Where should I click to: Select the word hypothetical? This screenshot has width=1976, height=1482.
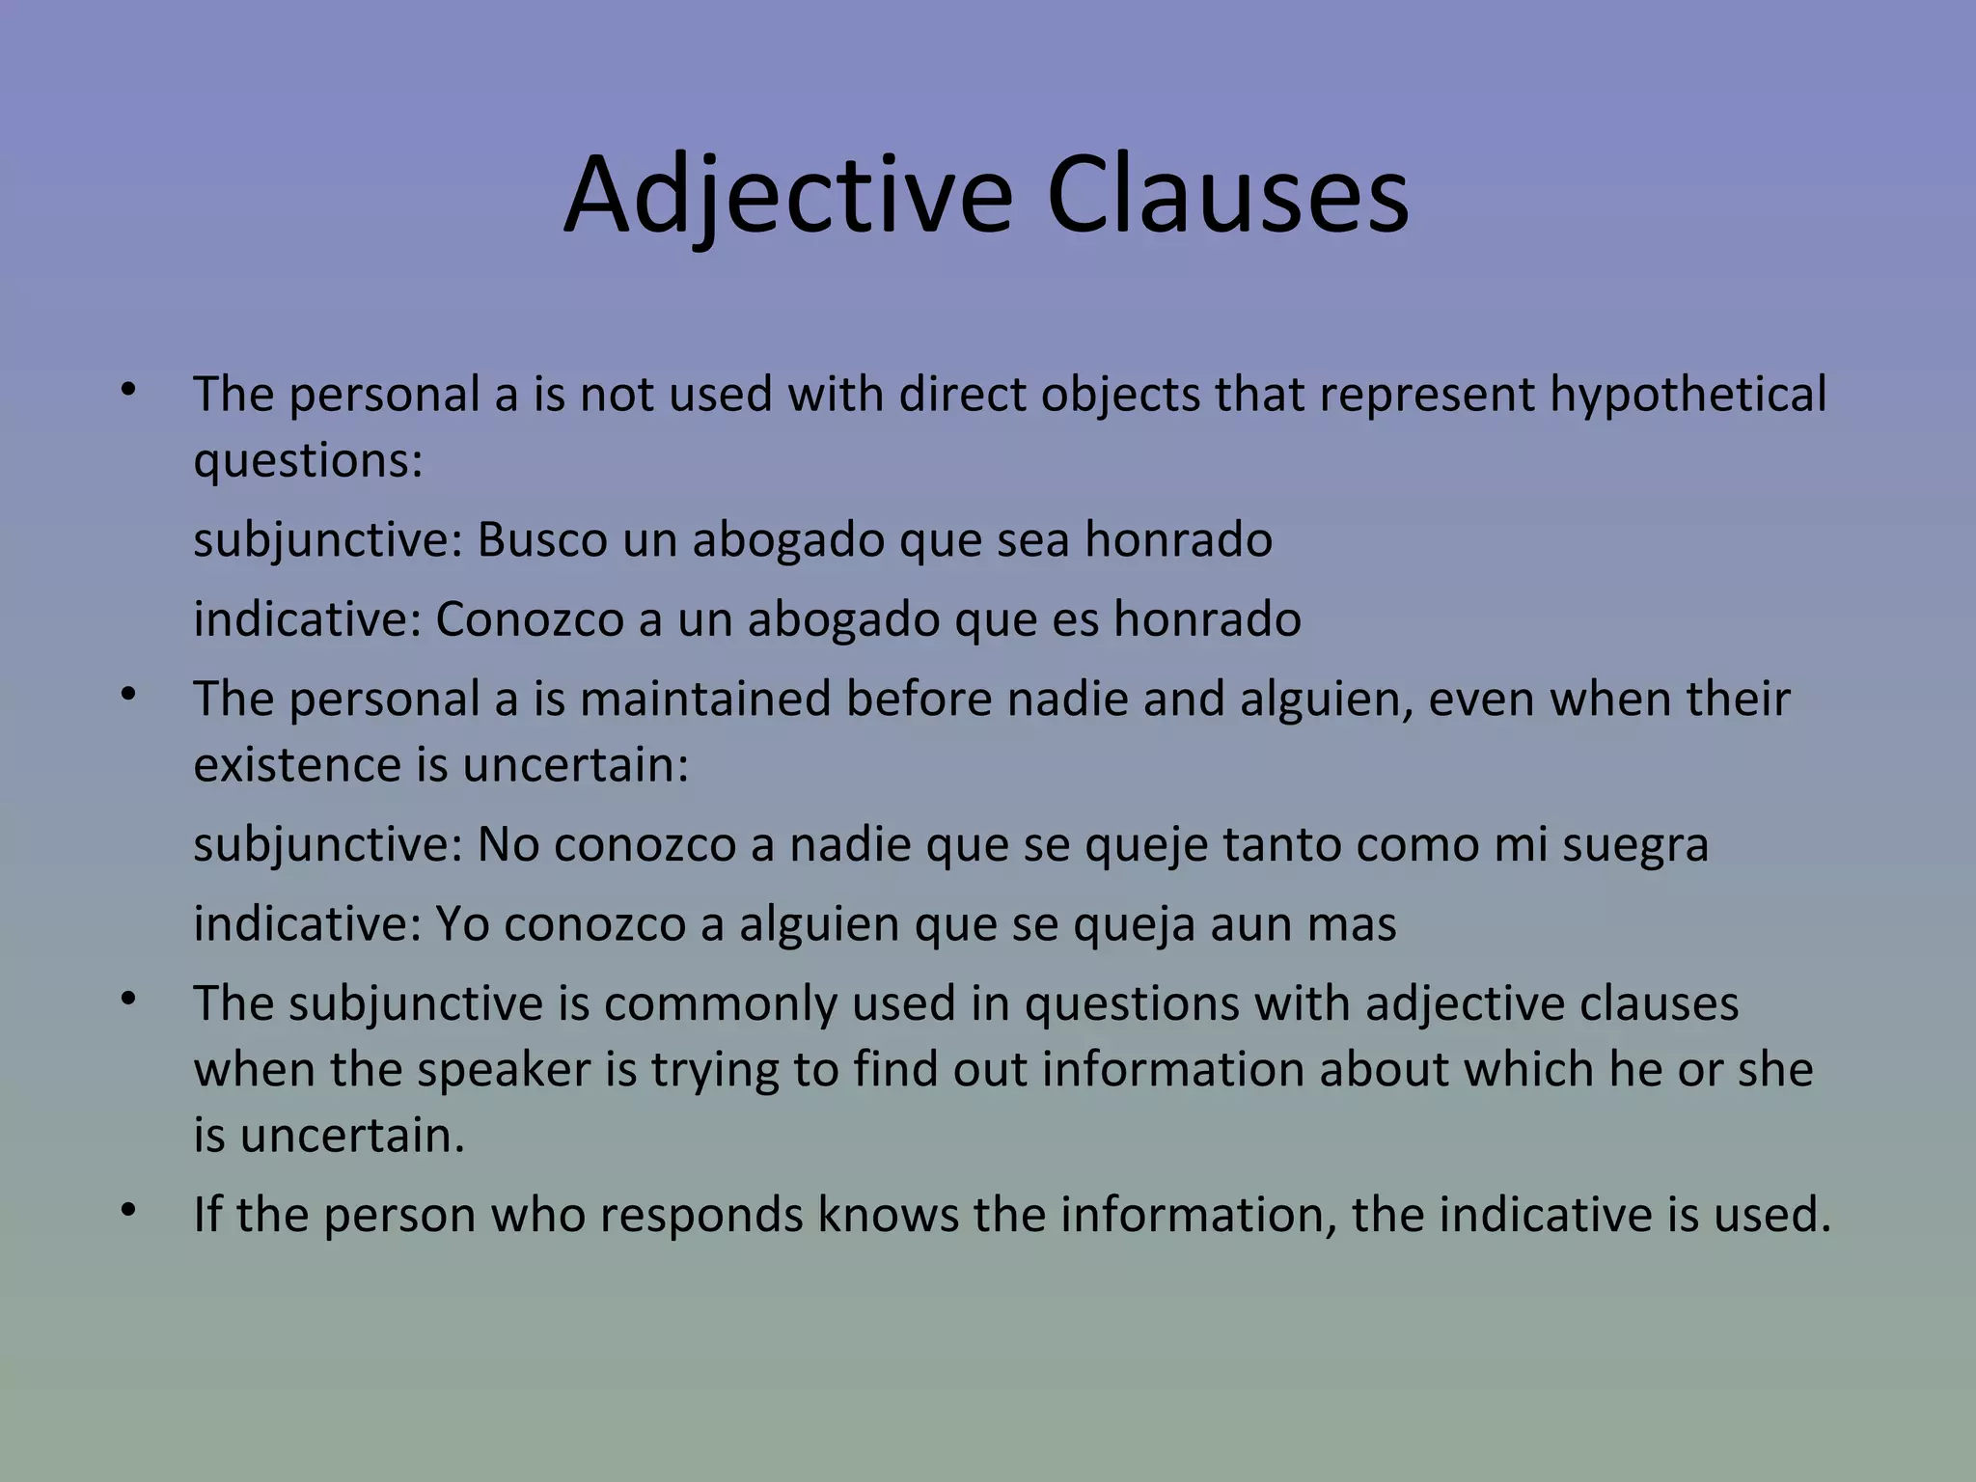coord(1688,396)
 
